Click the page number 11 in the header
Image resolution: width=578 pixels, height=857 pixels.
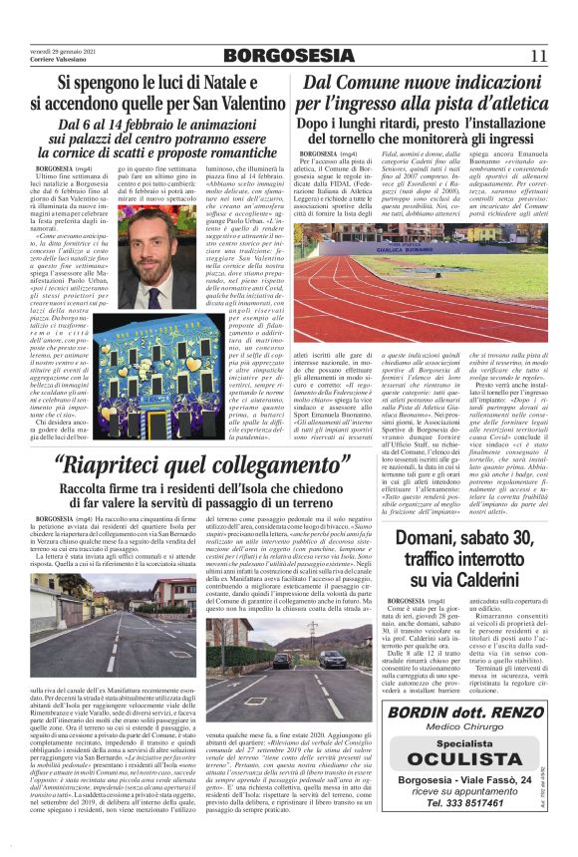point(539,56)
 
